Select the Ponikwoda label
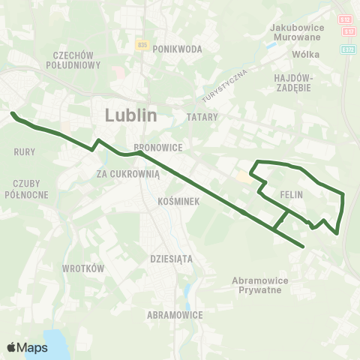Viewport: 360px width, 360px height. click(178, 49)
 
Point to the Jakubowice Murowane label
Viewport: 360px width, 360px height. click(295, 32)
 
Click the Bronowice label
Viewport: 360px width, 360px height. click(153, 148)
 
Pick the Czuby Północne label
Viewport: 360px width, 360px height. click(31, 189)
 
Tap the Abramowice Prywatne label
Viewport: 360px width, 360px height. click(256, 285)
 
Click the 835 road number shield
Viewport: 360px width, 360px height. click(142, 46)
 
